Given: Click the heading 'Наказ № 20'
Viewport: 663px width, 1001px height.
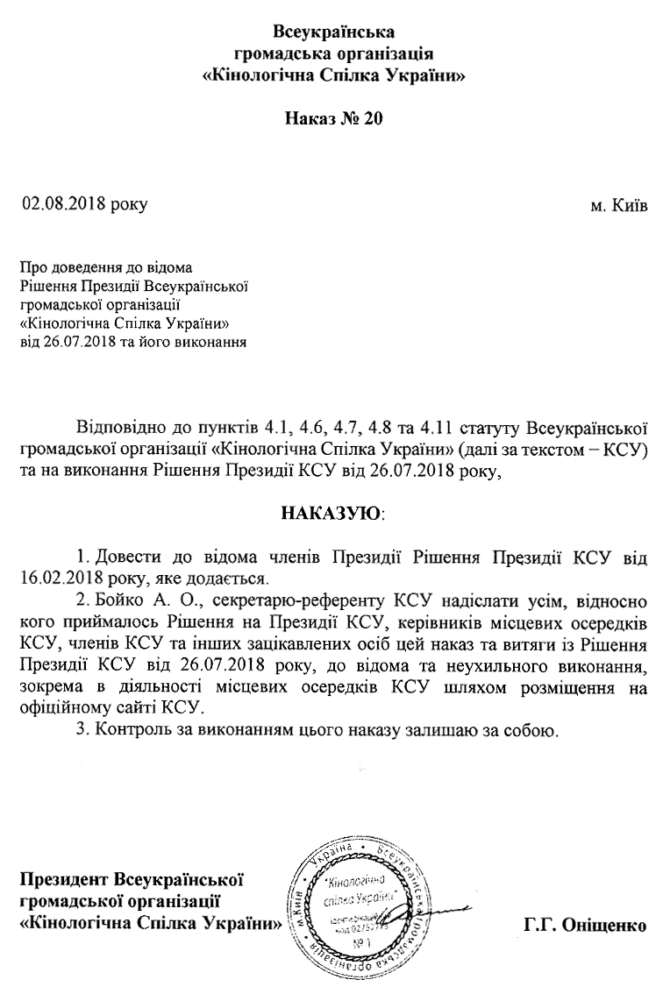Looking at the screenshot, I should point(333,118).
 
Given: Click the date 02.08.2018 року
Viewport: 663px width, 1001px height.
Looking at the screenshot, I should point(85,205).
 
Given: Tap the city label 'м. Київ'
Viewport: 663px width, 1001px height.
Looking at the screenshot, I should point(619,208).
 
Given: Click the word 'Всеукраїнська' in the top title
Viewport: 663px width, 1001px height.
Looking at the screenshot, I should point(332,33).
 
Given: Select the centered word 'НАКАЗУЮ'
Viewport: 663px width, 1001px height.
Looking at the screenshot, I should point(332,511).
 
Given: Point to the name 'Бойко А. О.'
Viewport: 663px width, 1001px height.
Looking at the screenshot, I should point(129,603).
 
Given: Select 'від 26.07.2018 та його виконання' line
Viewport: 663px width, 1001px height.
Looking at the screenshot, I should point(132,341).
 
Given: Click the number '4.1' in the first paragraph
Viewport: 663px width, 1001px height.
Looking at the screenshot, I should point(278,429).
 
